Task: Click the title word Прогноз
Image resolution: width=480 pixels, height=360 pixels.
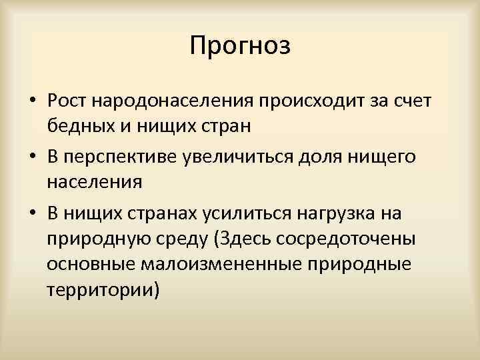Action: pos(240,46)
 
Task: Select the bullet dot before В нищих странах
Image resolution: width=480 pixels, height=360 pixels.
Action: pos(31,212)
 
